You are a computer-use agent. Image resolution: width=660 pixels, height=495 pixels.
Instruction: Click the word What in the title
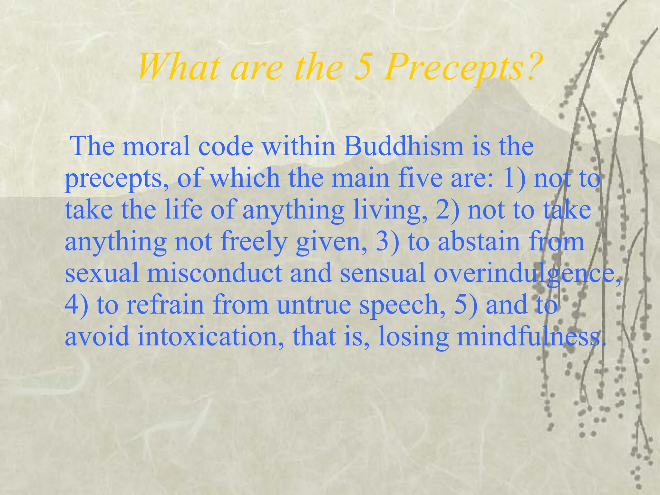point(179,68)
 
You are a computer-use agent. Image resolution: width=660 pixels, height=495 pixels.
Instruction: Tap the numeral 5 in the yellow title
point(362,68)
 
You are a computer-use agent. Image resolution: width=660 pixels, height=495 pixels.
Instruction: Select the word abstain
point(479,242)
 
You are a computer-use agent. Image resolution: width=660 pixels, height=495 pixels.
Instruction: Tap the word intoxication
point(207,336)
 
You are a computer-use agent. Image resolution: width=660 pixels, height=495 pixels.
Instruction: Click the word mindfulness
point(527,336)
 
